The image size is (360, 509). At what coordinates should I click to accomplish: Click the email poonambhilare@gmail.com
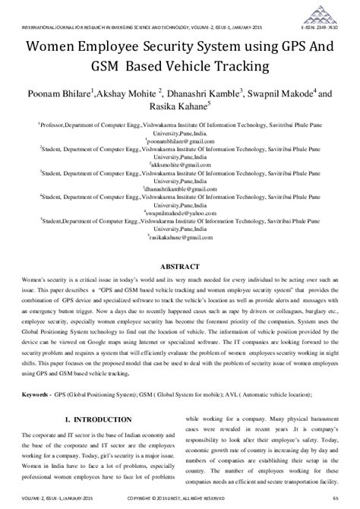(180, 141)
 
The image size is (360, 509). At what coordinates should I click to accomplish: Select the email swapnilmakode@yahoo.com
(180, 215)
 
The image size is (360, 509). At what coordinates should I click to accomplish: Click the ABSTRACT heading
(179, 267)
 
